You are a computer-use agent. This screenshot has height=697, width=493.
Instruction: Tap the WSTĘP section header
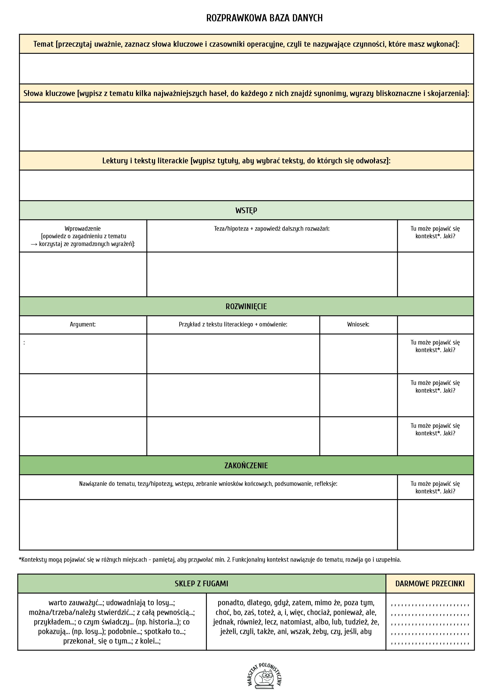pyautogui.click(x=246, y=210)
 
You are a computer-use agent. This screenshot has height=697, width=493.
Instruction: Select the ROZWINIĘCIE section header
pyautogui.click(x=246, y=306)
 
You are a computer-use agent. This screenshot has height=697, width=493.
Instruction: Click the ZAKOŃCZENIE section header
pyautogui.click(x=246, y=466)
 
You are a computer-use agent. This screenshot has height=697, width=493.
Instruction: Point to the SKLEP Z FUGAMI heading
pyautogui.click(x=201, y=583)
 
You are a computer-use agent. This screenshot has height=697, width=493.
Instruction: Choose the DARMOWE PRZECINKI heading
pyautogui.click(x=430, y=583)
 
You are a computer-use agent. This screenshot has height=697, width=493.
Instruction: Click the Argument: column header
pyautogui.click(x=83, y=324)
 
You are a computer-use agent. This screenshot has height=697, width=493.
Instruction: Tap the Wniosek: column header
pyautogui.click(x=358, y=324)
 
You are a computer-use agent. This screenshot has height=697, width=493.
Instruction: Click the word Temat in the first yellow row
pyautogui.click(x=43, y=44)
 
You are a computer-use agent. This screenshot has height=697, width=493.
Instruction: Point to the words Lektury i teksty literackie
pyautogui.click(x=145, y=161)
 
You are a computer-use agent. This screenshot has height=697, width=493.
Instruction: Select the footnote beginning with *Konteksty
pyautogui.click(x=209, y=560)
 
